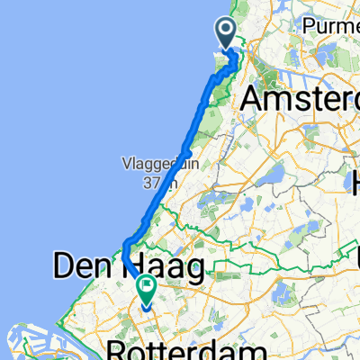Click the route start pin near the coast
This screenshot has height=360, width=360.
point(226,34)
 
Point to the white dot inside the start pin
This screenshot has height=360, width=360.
point(226,31)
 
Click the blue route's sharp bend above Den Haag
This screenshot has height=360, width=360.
point(125,245)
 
